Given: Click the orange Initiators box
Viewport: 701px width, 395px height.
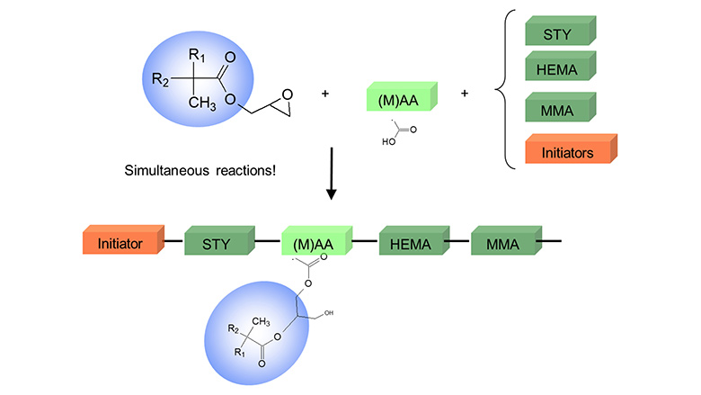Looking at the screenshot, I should point(569,151).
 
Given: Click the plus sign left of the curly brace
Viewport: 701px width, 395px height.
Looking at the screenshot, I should point(465,93).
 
